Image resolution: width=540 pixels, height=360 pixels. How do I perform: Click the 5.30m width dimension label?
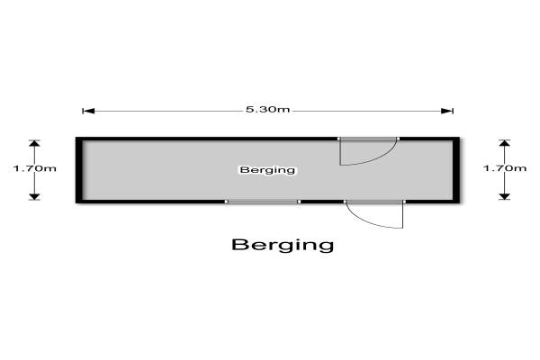267,110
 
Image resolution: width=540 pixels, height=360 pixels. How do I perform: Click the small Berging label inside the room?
267,169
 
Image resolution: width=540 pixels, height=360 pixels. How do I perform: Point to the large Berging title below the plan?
282,244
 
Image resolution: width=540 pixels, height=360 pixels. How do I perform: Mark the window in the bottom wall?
262,202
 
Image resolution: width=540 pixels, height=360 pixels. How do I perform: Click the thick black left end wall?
79,169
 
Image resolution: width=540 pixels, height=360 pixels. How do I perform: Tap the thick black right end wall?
455,169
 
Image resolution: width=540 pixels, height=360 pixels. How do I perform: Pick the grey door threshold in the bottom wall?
374,202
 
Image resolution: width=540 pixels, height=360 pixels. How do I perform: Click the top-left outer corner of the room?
76,137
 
